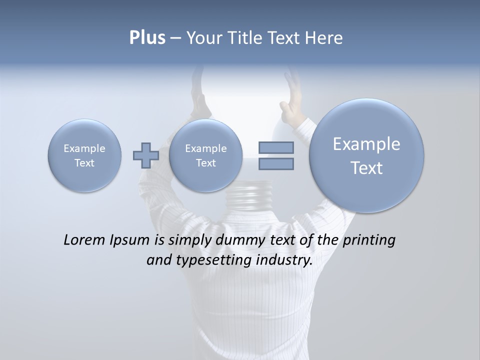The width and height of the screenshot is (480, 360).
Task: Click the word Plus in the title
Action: point(147,38)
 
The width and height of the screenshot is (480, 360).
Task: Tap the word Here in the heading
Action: point(324,38)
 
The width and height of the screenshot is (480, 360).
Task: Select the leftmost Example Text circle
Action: point(84,155)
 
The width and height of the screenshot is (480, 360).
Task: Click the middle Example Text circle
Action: point(205,155)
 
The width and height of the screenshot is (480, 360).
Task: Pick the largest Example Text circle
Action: point(366,155)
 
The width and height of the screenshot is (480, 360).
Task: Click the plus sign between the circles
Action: point(146,155)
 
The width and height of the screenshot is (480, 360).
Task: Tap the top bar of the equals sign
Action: point(276,147)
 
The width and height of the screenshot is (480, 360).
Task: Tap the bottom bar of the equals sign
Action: point(276,163)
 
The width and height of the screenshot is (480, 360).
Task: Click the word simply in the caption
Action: point(189,240)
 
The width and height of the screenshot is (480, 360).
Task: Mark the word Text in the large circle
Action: point(366,168)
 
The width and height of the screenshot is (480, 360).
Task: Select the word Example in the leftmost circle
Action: point(84,148)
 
